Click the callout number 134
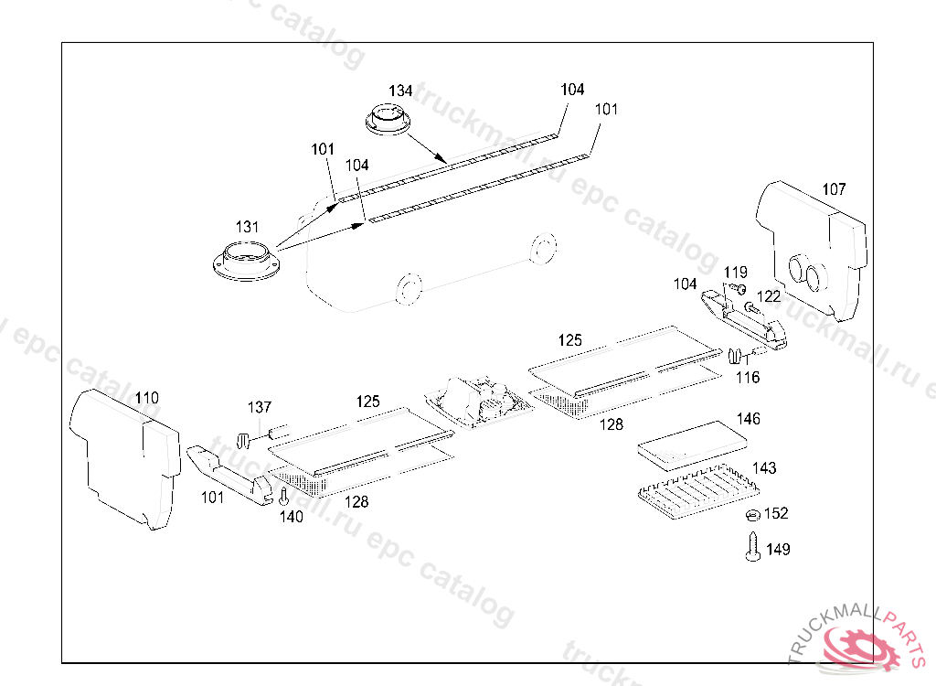point(400,91)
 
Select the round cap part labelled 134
point(388,120)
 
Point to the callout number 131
point(247,227)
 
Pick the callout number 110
point(146,398)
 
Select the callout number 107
point(834,189)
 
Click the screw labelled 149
point(754,550)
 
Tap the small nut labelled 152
point(753,515)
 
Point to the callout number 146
point(748,419)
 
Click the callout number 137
point(260,406)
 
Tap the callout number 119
point(736,272)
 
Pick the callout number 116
point(748,377)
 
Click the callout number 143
point(764,468)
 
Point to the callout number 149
point(779,550)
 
